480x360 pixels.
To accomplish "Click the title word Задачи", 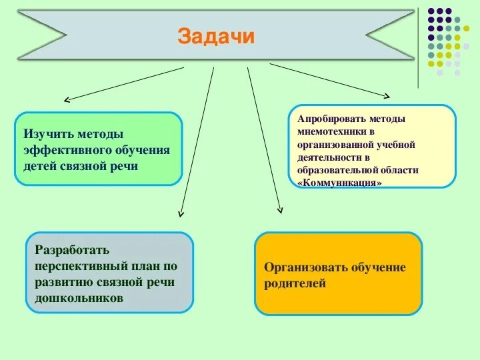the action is pyautogui.click(x=216, y=36).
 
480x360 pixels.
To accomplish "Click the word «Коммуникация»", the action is pyautogui.click(x=341, y=182).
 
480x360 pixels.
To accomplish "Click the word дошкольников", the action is pyautogui.click(x=79, y=299).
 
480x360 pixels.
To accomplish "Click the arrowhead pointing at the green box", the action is pyautogui.click(x=66, y=101).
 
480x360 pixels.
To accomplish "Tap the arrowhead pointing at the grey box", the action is pyautogui.click(x=180, y=213).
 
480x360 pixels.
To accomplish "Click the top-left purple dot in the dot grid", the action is pyautogui.click(x=431, y=11).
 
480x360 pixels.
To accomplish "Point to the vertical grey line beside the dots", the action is pyautogui.click(x=418, y=47).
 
